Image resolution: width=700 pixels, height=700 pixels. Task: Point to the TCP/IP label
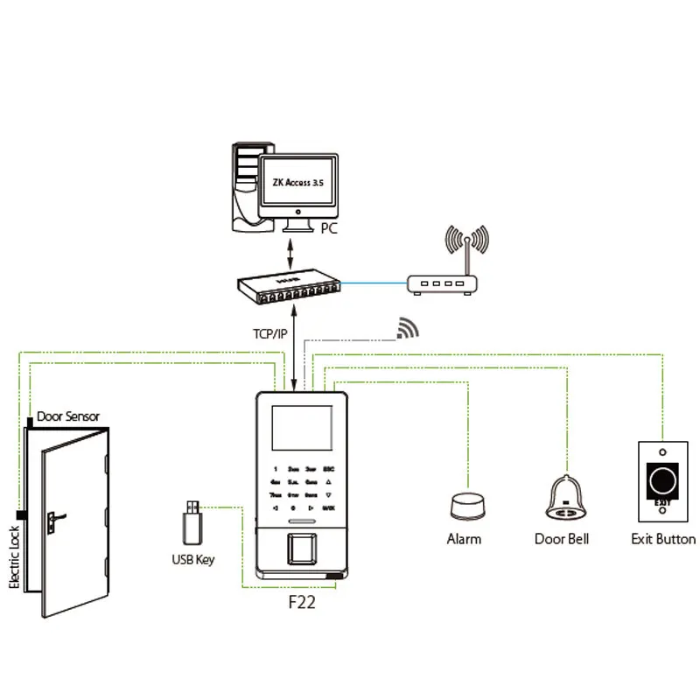(x=269, y=333)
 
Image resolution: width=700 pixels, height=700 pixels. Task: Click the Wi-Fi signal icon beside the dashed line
(x=408, y=327)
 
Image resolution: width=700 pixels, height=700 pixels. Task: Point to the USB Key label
(x=192, y=559)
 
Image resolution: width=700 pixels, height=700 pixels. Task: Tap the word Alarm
(x=464, y=539)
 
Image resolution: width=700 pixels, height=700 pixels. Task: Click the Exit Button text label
(x=663, y=539)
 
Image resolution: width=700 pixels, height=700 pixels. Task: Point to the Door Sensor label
(x=68, y=416)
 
